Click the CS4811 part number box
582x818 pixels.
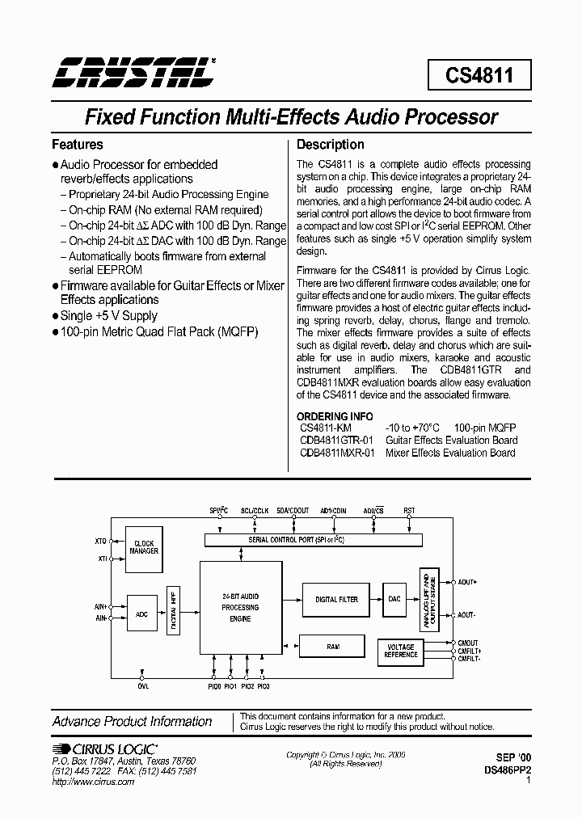point(477,76)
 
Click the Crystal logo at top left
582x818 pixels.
point(134,73)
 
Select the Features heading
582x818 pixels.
point(78,145)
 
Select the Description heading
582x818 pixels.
point(331,145)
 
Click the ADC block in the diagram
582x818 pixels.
point(142,614)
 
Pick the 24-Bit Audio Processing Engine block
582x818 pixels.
point(240,607)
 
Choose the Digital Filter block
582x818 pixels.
point(336,599)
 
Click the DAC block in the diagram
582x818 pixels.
point(394,599)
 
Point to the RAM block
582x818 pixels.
point(333,647)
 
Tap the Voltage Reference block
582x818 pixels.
point(401,651)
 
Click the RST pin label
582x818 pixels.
point(410,511)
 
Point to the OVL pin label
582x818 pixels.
point(143,686)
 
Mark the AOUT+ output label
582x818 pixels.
point(466,582)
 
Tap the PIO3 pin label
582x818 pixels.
point(264,686)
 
